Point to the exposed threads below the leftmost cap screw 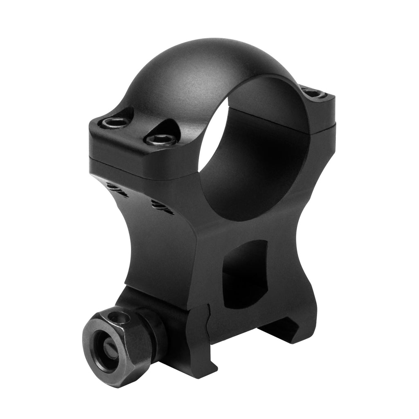117,189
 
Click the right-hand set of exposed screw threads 161,207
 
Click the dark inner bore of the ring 262,164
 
